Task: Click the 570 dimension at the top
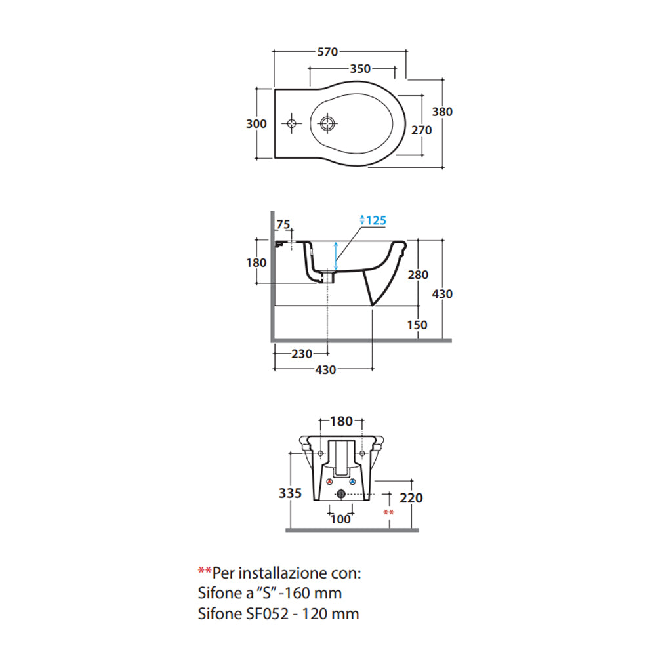point(327,52)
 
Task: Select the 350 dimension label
point(360,68)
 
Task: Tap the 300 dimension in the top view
point(256,123)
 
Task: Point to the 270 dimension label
point(421,130)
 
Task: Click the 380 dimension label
point(442,112)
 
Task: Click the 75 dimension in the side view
point(283,224)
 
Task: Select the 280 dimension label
point(418,275)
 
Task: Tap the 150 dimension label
point(417,325)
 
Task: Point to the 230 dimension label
point(302,354)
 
